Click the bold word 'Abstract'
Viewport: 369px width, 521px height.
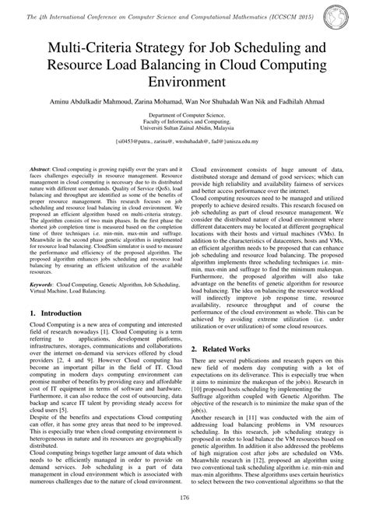[x=42, y=191]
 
